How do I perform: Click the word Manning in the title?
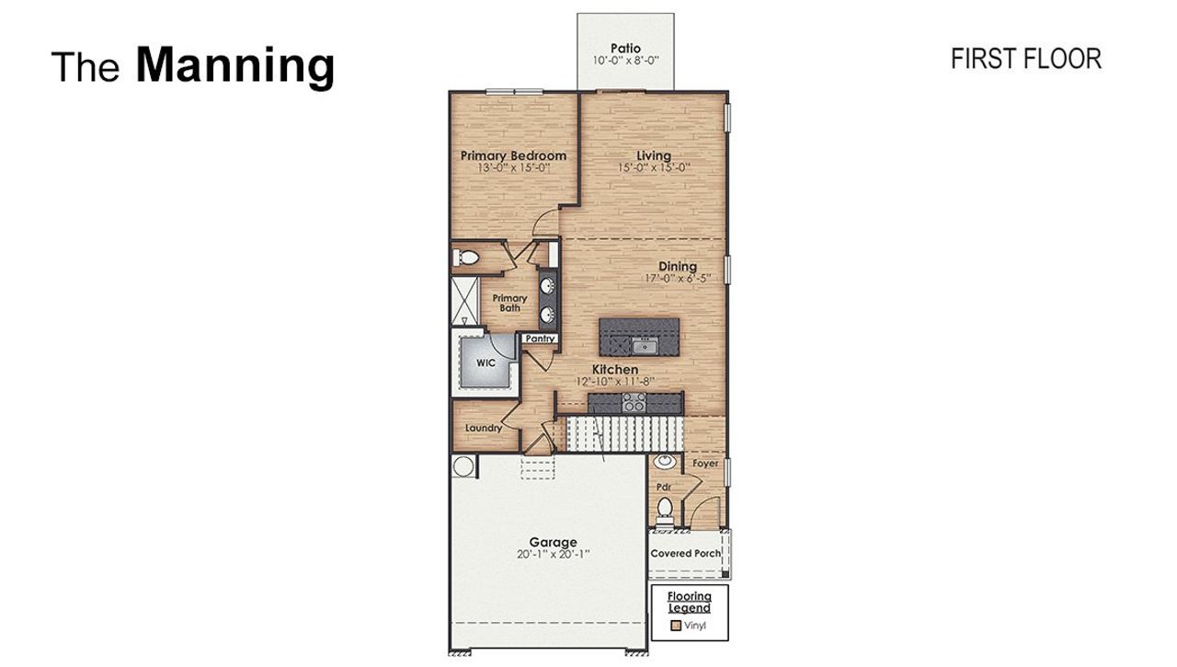(234, 65)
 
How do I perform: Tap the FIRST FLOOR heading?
(1025, 59)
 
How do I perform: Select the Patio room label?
(625, 48)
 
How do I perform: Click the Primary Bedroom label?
(513, 156)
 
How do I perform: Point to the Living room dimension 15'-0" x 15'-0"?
(654, 168)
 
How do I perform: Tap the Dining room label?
(677, 267)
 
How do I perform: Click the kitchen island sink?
(645, 346)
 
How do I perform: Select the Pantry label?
(540, 339)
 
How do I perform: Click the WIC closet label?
(486, 362)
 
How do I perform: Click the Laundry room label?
(483, 428)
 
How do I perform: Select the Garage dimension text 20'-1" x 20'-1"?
(553, 555)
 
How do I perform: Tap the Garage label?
(553, 542)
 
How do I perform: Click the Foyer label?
(705, 464)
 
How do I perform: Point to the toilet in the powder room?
(664, 507)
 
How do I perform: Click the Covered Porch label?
(686, 554)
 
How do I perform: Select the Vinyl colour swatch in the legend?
(676, 626)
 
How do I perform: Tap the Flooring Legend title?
(689, 603)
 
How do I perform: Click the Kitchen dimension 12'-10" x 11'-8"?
(614, 382)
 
